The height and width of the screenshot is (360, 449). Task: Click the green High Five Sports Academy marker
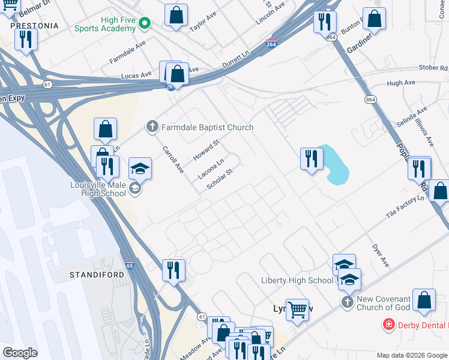(x=144, y=23)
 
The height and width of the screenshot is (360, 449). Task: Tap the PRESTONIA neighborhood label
(x=34, y=26)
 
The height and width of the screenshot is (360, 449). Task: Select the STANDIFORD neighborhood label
(x=97, y=274)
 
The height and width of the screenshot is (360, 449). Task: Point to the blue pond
(x=335, y=165)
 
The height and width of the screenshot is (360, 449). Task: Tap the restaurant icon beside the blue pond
(x=310, y=159)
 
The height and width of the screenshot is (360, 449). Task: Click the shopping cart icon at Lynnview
(x=297, y=310)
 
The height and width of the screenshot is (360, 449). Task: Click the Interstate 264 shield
(x=271, y=43)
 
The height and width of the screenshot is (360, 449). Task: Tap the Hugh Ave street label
(x=401, y=83)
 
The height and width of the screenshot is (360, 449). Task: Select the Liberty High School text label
(x=297, y=280)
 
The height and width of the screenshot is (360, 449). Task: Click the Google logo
(x=20, y=353)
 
